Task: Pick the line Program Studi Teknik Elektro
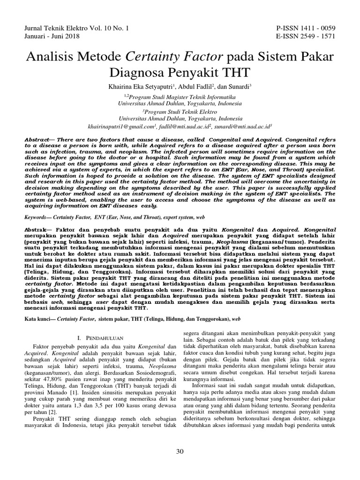[181, 112]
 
